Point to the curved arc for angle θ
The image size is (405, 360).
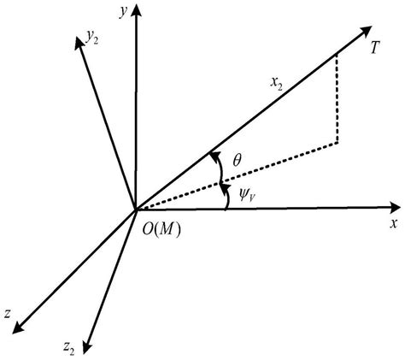[214, 166]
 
